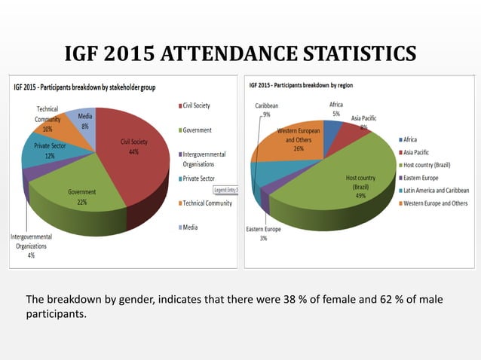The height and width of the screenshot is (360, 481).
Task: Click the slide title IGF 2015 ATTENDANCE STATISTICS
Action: pyautogui.click(x=240, y=54)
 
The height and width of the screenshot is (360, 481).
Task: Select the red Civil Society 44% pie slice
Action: pyautogui.click(x=136, y=158)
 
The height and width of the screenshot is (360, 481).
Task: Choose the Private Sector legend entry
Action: pyautogui.click(x=198, y=178)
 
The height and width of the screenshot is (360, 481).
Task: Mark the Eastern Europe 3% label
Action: pyautogui.click(x=263, y=233)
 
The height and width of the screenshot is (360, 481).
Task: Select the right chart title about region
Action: pyautogui.click(x=301, y=85)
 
